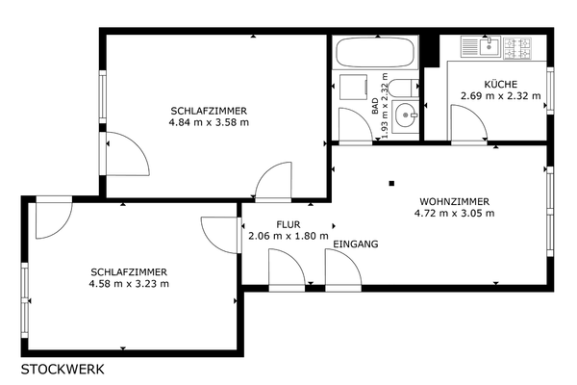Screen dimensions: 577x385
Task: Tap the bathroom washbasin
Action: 405,115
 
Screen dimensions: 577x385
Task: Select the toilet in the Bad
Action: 404,88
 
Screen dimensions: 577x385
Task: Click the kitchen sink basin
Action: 489,46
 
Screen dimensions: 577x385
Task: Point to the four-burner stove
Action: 517,48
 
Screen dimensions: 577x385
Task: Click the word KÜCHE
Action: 501,85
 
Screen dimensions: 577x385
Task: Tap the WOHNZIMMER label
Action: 455,202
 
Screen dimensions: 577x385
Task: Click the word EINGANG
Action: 356,244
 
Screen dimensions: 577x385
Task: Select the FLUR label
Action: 288,224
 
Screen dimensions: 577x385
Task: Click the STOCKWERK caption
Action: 63,370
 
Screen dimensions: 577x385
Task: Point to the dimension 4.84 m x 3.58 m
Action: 209,122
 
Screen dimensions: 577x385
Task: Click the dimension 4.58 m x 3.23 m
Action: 129,284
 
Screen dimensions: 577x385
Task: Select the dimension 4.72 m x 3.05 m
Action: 455,213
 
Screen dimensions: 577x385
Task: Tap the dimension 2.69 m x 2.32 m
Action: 501,96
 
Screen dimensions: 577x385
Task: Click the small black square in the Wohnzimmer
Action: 392,183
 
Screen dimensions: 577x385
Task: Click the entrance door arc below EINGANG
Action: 351,259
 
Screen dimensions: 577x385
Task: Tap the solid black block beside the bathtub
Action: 430,51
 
